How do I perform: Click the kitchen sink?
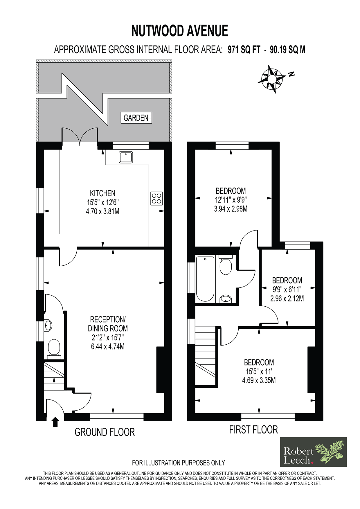[126, 157]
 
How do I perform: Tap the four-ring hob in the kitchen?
[156, 198]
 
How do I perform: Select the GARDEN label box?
[136, 118]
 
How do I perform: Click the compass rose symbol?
[272, 79]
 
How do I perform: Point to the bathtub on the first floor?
[205, 279]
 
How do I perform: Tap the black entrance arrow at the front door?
[55, 422]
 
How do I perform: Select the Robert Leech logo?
[313, 452]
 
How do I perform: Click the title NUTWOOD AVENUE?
[180, 31]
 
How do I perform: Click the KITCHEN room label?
[102, 193]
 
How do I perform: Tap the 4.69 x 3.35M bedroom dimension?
[259, 380]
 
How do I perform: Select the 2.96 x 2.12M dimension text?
[287, 298]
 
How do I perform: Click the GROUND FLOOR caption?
[105, 432]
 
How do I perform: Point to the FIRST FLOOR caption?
[253, 429]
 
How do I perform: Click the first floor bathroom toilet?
[226, 265]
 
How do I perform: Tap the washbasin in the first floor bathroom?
[226, 299]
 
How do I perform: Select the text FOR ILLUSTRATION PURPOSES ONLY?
[179, 463]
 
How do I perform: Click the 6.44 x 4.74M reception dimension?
[108, 346]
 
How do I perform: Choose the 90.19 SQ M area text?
[287, 50]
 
